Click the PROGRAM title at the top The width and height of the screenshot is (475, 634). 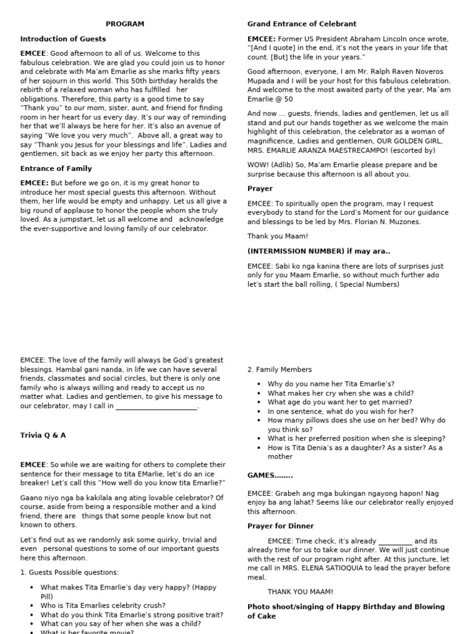[124, 24]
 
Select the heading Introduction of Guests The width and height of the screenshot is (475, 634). [62, 38]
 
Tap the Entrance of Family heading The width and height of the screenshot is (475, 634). [56, 168]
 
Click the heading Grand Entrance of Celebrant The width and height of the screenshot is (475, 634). [302, 24]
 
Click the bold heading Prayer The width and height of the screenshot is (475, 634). [260, 189]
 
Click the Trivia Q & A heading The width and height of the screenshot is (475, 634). [43, 435]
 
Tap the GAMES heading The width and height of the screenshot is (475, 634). [270, 475]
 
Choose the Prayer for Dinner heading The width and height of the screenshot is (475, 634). [280, 526]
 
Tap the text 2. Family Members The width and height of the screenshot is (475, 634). [280, 370]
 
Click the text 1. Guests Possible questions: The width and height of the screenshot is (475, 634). [69, 572]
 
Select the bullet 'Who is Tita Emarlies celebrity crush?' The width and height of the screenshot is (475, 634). [103, 606]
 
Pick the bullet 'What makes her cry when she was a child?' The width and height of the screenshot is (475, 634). [341, 393]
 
